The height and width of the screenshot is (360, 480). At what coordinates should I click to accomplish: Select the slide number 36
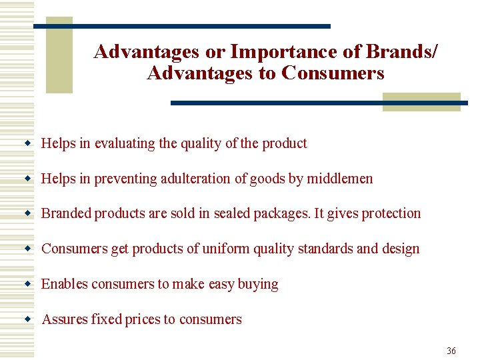451,351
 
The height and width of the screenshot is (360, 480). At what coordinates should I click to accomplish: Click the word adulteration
203,179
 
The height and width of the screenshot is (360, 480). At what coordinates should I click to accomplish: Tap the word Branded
67,213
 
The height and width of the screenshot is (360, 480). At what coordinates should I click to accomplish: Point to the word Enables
65,284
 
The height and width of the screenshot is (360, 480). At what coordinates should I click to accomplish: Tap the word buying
258,284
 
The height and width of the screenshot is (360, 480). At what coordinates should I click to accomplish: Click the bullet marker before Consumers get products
29,249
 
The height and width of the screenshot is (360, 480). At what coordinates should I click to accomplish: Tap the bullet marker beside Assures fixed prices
29,319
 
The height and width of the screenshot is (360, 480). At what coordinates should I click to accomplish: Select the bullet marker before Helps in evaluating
29,143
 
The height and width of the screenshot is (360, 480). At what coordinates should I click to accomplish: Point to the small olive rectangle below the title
421,102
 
